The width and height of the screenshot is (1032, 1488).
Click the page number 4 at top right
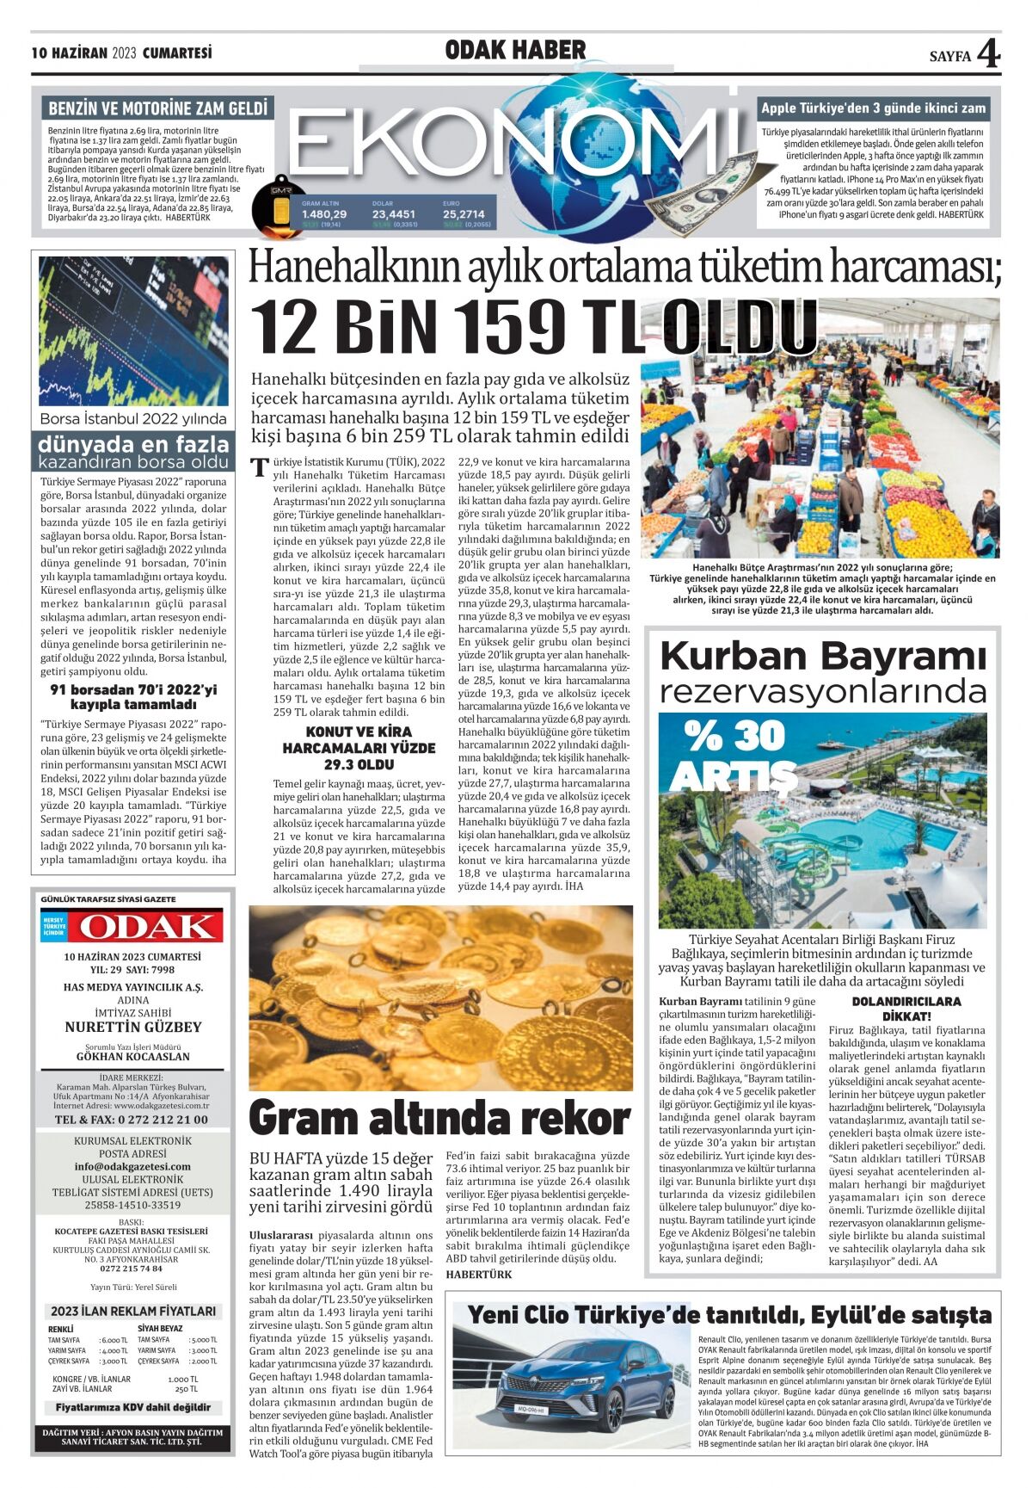[x=989, y=53]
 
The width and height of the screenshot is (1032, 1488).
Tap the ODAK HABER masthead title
[x=515, y=51]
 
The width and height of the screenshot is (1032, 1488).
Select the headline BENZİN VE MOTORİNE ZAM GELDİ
[x=157, y=108]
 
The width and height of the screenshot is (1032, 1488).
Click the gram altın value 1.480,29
[x=324, y=214]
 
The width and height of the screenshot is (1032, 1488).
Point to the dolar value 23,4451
[x=394, y=214]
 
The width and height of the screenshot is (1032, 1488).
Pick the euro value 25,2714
[x=464, y=214]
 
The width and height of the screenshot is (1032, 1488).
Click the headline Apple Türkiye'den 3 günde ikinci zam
[x=873, y=108]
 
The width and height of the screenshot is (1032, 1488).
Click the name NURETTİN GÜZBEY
[x=133, y=1027]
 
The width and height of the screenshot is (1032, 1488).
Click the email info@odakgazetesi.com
[x=132, y=1166]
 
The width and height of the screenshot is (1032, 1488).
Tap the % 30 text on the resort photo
[x=734, y=736]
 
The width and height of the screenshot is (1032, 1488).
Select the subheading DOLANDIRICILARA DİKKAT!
[x=906, y=1008]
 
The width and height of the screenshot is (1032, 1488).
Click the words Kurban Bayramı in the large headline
[x=822, y=657]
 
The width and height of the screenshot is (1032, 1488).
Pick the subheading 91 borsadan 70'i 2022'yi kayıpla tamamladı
[x=133, y=697]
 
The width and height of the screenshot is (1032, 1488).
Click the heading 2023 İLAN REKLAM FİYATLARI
[x=133, y=1311]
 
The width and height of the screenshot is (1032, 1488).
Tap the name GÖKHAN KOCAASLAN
[x=133, y=1056]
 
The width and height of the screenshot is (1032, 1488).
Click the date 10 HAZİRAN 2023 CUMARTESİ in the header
[x=121, y=53]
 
